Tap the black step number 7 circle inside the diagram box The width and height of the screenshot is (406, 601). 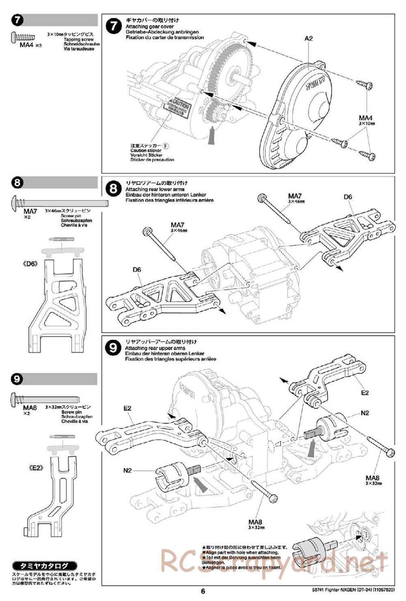click(x=114, y=26)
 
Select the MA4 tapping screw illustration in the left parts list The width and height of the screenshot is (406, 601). click(x=23, y=37)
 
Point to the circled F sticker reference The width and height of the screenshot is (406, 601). click(x=166, y=145)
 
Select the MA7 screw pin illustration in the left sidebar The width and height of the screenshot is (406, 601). click(x=59, y=201)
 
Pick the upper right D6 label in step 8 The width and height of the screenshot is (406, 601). click(x=348, y=197)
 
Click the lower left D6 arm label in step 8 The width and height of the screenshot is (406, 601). click(x=137, y=269)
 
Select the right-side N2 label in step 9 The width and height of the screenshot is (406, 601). click(x=365, y=413)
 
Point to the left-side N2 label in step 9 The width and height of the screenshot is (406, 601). click(x=127, y=471)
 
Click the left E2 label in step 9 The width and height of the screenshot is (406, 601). click(x=127, y=408)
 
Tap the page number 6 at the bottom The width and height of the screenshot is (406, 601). click(x=203, y=591)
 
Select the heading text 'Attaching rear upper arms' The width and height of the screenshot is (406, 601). click(x=155, y=348)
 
